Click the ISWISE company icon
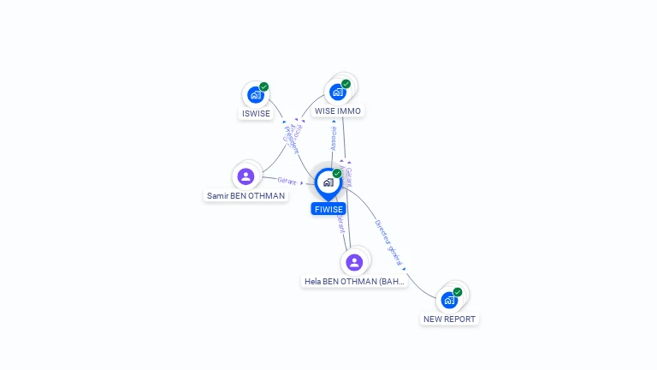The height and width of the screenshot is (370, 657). click(x=254, y=95)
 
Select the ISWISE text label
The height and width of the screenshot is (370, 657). click(x=256, y=114)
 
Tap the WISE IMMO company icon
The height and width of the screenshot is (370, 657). click(x=338, y=92)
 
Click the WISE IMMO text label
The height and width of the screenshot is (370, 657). click(x=338, y=111)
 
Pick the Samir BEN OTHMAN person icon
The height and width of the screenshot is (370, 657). click(x=246, y=176)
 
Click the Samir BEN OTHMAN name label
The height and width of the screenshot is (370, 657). click(x=246, y=196)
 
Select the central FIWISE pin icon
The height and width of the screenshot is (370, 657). click(x=328, y=182)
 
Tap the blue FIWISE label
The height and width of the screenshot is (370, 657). click(x=328, y=209)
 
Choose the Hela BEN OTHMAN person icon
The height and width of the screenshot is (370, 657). click(x=354, y=261)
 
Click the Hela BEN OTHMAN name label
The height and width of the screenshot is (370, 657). click(x=354, y=281)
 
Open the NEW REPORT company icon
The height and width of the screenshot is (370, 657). click(x=448, y=300)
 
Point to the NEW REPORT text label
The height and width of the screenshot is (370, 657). click(x=449, y=319)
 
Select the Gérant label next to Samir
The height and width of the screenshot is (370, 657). click(x=287, y=181)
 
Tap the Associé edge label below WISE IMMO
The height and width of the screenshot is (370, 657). click(x=334, y=138)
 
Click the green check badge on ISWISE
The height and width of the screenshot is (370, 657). click(x=264, y=87)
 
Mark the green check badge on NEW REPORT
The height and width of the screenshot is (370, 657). click(x=458, y=292)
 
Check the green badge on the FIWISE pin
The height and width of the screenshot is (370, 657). click(x=337, y=174)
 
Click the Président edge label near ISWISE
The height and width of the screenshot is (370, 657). click(x=291, y=137)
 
